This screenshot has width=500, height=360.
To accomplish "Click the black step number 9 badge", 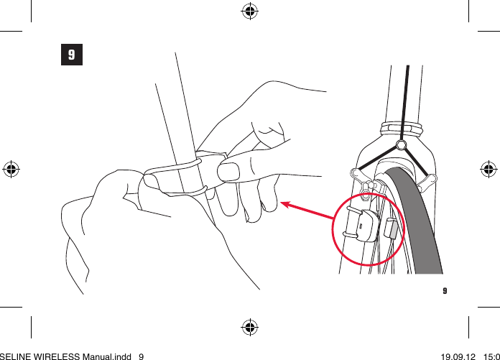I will pos(70,55).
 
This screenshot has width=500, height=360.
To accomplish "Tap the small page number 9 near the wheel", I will pos(445,291).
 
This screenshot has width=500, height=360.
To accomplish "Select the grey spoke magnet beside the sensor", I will pos(392,229).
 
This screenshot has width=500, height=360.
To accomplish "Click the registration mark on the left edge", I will pos(11,169).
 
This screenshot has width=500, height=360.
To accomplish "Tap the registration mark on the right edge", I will pos(488,169).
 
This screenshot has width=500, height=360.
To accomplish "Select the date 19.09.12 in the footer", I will pos(458,355).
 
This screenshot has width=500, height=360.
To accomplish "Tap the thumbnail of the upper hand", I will pos(230,172).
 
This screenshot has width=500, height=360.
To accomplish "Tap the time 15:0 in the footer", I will pos(491,355).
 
